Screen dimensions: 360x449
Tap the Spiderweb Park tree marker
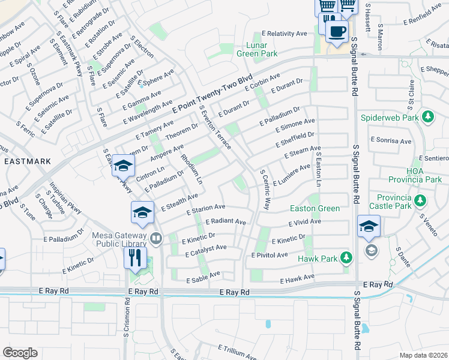[428, 116]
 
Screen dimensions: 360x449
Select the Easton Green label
[315, 208]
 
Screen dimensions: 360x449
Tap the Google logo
[20, 353]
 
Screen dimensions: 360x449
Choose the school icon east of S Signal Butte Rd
[369, 227]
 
